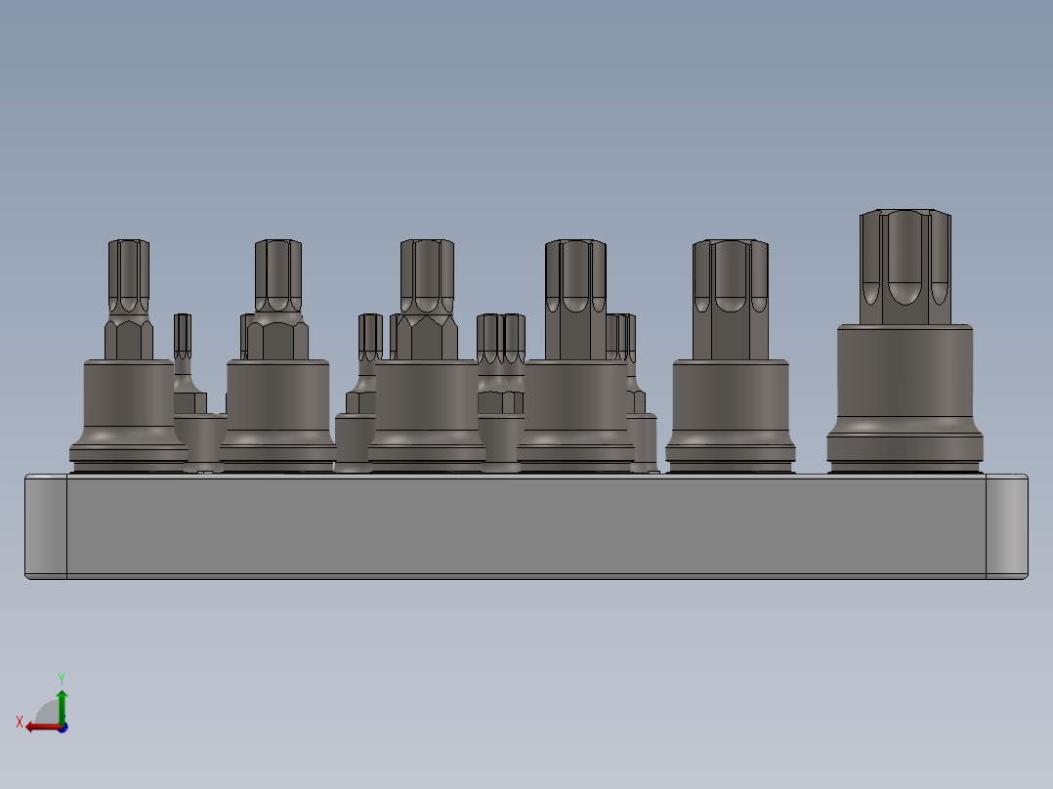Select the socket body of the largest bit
[905, 381]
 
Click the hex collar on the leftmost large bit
[128, 338]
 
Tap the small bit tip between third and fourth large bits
[501, 337]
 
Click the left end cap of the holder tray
[46, 525]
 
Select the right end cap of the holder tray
[1006, 525]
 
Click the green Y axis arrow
[62, 699]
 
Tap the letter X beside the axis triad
[20, 722]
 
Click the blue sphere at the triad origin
[62, 727]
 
